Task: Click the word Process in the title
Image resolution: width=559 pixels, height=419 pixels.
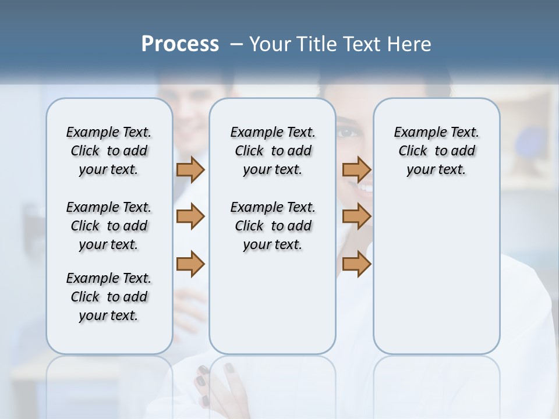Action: (x=180, y=44)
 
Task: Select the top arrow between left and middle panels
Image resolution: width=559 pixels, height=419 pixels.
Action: (x=190, y=169)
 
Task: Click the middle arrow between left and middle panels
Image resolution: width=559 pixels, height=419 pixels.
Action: (x=190, y=216)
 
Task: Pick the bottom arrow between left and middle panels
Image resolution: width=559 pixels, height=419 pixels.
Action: (x=190, y=264)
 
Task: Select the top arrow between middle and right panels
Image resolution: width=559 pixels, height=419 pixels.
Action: (x=356, y=169)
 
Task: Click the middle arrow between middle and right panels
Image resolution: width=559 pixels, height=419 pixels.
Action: (x=356, y=216)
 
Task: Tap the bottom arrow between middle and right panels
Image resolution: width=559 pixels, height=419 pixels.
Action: (x=356, y=264)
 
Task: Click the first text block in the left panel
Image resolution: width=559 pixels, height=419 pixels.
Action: (x=109, y=151)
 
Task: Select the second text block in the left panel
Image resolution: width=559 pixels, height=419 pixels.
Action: (x=109, y=226)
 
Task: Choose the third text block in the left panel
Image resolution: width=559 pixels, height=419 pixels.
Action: (x=109, y=297)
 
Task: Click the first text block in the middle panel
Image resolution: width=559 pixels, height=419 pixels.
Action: (x=273, y=151)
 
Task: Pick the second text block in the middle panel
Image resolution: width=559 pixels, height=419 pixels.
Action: (x=273, y=226)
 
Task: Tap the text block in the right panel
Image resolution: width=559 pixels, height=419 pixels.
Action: (x=436, y=151)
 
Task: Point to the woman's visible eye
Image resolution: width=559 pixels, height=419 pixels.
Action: (x=348, y=133)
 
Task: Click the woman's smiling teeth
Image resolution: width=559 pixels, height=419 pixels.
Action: (x=365, y=187)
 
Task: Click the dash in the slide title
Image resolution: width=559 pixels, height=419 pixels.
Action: (x=237, y=45)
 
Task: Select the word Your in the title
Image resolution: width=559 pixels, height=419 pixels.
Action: (x=270, y=44)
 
